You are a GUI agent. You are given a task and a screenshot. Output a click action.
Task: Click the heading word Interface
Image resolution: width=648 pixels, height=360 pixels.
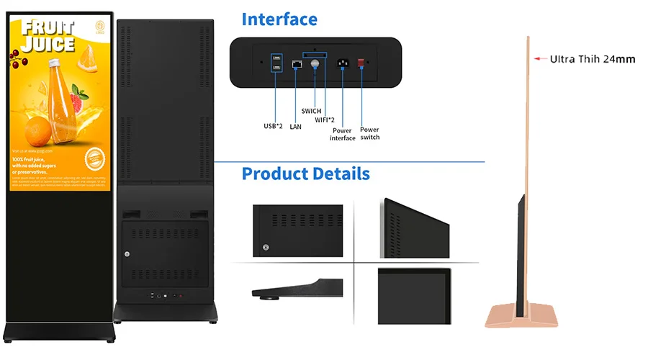pos(279,19)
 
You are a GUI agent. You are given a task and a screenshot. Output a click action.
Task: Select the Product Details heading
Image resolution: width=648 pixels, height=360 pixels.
pos(305,174)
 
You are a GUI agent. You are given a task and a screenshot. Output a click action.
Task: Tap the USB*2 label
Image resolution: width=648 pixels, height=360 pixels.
pos(273,126)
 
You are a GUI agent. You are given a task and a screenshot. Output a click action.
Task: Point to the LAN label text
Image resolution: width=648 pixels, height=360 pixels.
pos(295,127)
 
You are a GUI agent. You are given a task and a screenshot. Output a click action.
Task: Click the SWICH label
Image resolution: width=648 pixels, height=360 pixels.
pos(311,111)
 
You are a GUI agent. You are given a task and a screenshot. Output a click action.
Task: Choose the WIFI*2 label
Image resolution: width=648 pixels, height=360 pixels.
pos(325,120)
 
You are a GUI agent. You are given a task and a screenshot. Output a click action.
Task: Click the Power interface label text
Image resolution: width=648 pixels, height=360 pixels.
pos(343,134)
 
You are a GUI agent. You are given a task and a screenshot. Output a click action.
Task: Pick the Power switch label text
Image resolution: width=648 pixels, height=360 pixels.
pos(369,133)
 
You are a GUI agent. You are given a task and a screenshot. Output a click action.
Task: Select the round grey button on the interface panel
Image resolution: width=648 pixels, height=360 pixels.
pos(314,64)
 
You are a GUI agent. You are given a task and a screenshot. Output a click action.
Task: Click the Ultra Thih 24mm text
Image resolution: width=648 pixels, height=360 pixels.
pos(593,59)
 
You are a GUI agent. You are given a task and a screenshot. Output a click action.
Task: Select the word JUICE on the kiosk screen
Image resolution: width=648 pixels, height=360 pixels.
pos(48,45)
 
